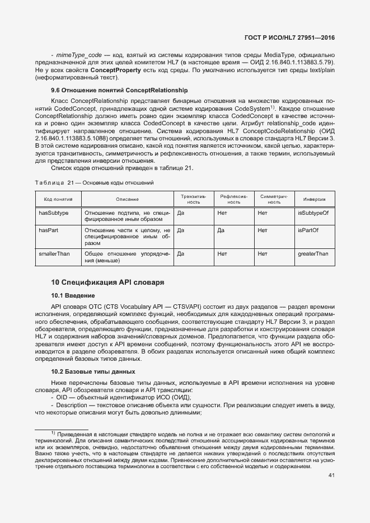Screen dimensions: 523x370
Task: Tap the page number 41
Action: (331, 475)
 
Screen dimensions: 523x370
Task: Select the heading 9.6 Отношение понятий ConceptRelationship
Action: (119, 90)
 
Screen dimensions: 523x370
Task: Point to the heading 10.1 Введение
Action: (73, 295)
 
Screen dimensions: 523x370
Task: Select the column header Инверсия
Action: (315, 199)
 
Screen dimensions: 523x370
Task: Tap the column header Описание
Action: (127, 199)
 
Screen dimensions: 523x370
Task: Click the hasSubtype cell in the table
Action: (54, 213)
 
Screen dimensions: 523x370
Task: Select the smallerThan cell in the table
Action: (54, 254)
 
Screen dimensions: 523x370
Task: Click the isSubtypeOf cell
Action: (313, 213)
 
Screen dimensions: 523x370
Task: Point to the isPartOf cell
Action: (308, 230)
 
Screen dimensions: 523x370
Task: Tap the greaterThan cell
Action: (313, 254)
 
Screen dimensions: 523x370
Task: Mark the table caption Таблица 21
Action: (94, 183)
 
